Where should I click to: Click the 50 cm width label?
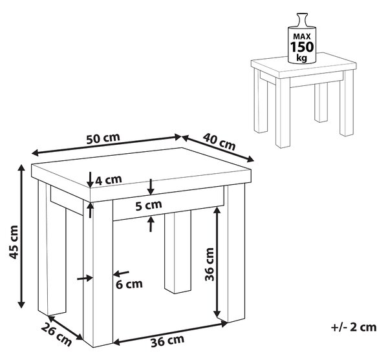point(103,138)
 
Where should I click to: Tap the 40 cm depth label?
point(219,142)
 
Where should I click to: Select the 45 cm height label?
point(14,242)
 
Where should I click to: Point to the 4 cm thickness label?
point(109,180)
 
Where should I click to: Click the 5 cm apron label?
point(149,206)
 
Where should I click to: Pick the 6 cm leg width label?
point(129,284)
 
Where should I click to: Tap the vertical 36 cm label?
point(210,264)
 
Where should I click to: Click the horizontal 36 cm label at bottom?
point(167,341)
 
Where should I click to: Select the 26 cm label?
point(56,335)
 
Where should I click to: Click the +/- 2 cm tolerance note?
point(354,327)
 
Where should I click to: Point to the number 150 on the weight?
point(302,47)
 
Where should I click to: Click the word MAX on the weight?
point(302,37)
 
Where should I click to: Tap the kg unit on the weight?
point(302,58)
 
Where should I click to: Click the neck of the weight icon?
point(301,19)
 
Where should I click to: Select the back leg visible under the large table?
point(178,251)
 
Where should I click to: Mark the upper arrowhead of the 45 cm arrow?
point(22,167)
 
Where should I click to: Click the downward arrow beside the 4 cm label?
point(90,180)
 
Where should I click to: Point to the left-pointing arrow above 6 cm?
point(121,273)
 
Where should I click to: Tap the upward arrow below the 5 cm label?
point(151,224)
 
